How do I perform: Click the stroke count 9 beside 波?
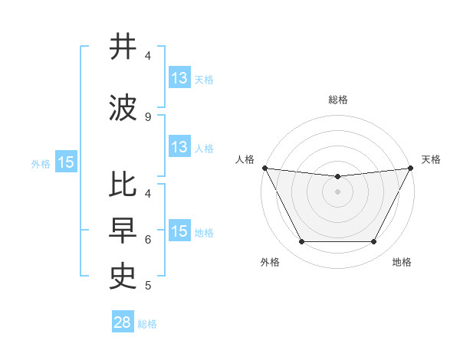coord(148,117)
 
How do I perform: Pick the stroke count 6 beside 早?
coord(148,239)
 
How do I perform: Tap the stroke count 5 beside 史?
coord(148,286)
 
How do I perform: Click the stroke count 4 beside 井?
coord(148,56)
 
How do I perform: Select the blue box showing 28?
coord(123,322)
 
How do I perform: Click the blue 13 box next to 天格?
coord(179,78)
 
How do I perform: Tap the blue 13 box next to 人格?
coord(179,147)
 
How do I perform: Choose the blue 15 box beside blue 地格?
coord(179,231)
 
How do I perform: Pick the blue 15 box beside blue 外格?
coord(66,162)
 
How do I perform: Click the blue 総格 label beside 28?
coord(147,324)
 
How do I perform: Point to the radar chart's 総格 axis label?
coord(337,100)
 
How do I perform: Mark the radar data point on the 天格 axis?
coord(411,168)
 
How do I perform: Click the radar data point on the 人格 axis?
coord(264,168)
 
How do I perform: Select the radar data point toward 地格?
coord(374,242)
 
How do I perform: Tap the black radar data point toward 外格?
coord(301,242)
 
